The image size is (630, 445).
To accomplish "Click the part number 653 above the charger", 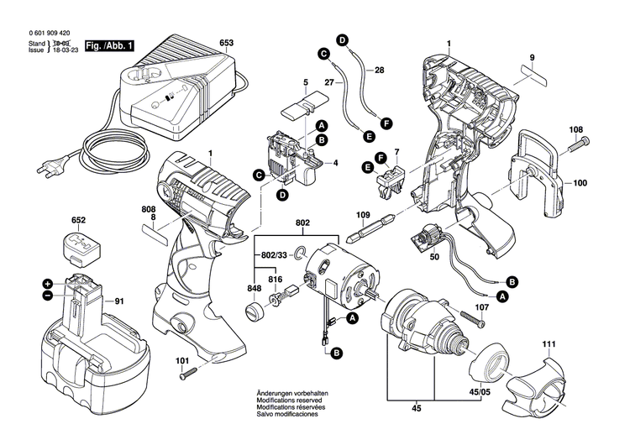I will click(x=227, y=43).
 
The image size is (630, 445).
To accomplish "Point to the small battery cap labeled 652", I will click(x=78, y=248).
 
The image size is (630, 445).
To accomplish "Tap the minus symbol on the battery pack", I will click(x=48, y=296).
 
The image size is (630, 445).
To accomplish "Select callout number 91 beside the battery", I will click(x=119, y=301).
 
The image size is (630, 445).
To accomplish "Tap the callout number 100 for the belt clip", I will click(x=580, y=182).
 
